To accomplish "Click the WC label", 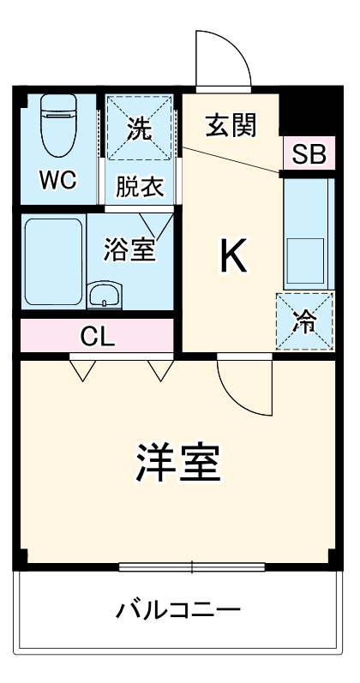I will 57,181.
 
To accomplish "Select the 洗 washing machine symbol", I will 139,129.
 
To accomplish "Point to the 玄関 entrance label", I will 231,125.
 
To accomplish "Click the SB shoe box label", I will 308,155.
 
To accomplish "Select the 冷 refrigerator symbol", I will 304,321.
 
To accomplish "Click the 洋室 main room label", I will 179,464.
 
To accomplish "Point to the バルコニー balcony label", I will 179,611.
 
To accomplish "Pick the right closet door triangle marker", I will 160,369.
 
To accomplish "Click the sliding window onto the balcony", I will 191,566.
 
